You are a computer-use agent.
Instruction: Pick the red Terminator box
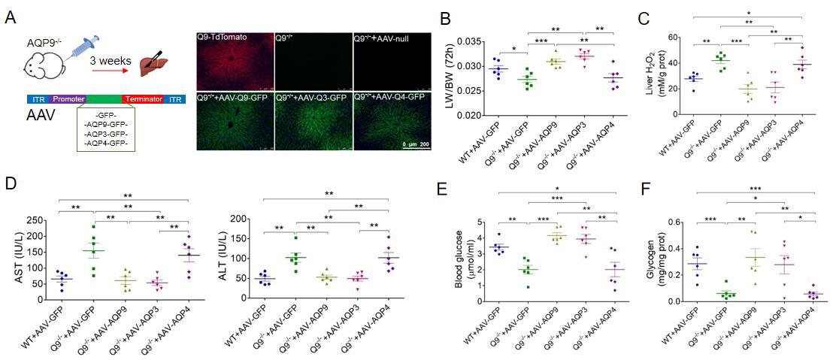coord(144,98)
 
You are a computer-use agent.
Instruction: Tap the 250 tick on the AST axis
coord(47,221)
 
